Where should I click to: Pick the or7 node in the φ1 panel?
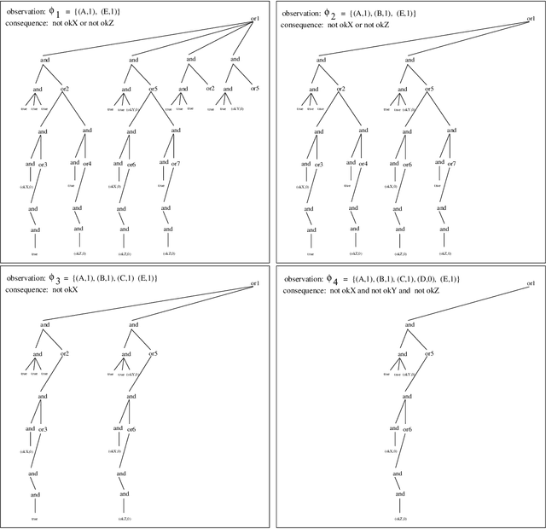(176, 164)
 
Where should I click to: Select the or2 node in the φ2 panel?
(341, 89)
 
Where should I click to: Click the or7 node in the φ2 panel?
(452, 164)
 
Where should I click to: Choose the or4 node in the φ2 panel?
(363, 164)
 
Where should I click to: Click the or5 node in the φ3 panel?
(154, 353)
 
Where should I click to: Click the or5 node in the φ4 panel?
(430, 353)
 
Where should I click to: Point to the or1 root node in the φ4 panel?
(531, 283)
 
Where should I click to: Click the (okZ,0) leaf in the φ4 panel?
(397, 518)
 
